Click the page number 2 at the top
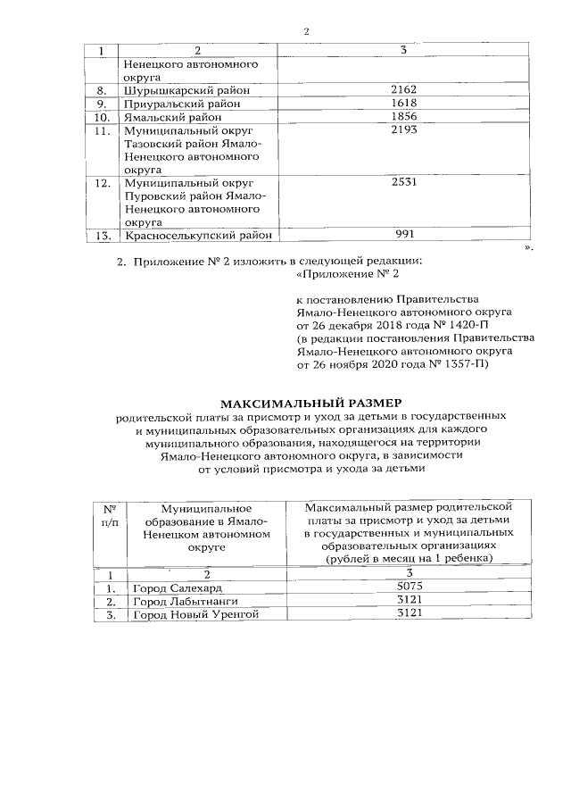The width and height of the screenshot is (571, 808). [305, 31]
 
